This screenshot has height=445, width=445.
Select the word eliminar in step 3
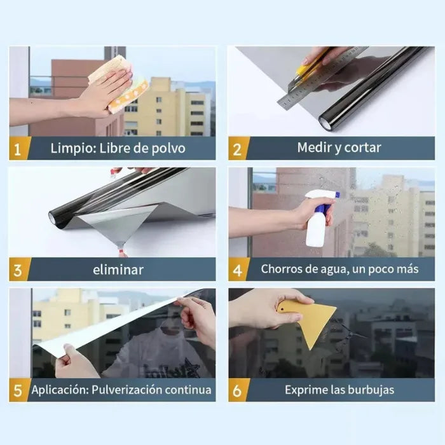click(x=118, y=270)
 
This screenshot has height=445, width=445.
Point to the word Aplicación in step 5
click(x=60, y=390)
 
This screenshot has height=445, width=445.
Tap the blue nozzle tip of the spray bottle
click(x=338, y=195)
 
